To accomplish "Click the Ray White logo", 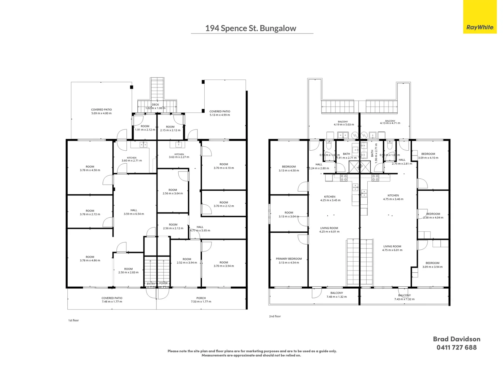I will coord(480,27).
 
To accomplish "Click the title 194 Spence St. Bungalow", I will coord(250,28).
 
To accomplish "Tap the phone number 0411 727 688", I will coord(457,347).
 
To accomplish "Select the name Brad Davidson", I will coord(457,339).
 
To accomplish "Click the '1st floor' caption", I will coord(73,320).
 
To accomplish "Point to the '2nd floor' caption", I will coord(275,316).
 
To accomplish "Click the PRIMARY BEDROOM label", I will coord(289,261).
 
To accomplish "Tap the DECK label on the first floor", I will coord(155,105).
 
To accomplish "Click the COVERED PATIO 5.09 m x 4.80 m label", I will coord(101,111).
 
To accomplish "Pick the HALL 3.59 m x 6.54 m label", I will coord(134,212).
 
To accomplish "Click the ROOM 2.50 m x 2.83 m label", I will coord(128,271).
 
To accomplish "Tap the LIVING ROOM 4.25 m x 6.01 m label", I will coord(329,230).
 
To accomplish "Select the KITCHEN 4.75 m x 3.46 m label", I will coord(393,197).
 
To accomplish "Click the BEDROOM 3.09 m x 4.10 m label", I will coord(428,156).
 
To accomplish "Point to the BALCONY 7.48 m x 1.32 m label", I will coord(337,295).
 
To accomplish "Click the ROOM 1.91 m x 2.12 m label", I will coord(145,128).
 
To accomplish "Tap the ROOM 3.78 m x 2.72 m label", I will coord(90,213).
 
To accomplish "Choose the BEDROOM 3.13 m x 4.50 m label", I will coord(289,168).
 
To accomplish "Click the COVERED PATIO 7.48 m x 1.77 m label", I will coord(112,300).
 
